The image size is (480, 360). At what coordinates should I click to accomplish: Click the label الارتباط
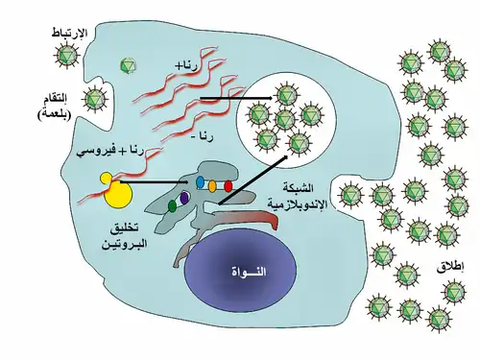pos(70,33)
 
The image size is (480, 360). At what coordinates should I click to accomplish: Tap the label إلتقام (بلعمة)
pos(54,107)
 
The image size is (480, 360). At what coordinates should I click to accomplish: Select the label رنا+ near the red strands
pos(186,66)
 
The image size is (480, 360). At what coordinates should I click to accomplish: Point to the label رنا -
pos(204,137)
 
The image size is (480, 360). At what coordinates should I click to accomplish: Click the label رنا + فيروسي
pos(109,151)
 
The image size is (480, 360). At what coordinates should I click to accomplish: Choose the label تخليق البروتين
pos(124,236)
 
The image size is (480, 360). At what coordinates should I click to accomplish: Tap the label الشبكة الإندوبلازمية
pos(298,196)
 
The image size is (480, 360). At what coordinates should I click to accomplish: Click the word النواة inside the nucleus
pos(249,272)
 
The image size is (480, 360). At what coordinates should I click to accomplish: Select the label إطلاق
pos(451,268)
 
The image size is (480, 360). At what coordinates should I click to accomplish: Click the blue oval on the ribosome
pos(200,181)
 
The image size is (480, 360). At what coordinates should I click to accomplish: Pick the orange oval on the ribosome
pos(212,185)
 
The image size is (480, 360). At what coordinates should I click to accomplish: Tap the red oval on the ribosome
pos(228,185)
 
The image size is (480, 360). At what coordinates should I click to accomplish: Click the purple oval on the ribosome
pos(184,198)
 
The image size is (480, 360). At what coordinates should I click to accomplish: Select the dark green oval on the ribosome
pos(172,206)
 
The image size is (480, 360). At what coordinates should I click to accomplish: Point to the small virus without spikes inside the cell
pos(128,65)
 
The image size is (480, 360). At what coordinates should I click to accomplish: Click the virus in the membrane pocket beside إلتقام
pos(94,99)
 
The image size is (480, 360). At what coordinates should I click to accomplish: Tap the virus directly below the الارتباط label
pos(67,55)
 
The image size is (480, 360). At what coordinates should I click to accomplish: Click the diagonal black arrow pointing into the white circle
pos(252,180)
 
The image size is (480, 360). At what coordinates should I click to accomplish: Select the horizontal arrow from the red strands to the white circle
pos(236,98)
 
